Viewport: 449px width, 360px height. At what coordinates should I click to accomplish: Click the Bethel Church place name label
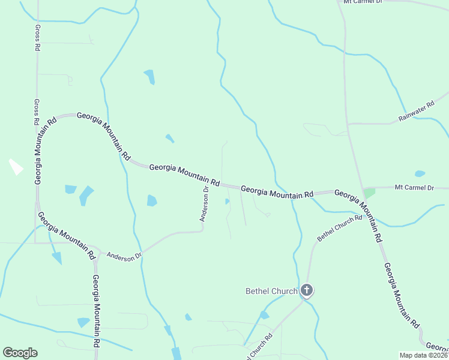click(271, 292)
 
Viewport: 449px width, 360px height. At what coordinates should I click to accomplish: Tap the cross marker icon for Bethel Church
click(307, 292)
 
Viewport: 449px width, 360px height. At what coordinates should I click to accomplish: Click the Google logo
click(20, 353)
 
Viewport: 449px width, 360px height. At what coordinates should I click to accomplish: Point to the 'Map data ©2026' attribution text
click(423, 355)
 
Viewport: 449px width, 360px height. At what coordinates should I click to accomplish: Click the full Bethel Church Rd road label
click(339, 228)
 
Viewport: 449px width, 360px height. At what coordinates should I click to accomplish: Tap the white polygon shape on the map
click(16, 167)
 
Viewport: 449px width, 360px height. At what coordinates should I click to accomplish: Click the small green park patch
click(369, 193)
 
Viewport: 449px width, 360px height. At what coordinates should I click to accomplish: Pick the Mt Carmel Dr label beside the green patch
click(414, 188)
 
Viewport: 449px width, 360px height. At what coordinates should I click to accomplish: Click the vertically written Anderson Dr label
click(204, 204)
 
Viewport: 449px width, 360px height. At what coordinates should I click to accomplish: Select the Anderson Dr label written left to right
click(124, 256)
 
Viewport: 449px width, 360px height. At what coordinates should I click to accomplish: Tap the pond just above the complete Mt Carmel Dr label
click(420, 174)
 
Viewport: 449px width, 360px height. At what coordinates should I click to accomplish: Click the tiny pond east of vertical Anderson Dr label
click(226, 202)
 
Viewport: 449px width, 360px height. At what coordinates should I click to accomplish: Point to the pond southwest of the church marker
click(264, 316)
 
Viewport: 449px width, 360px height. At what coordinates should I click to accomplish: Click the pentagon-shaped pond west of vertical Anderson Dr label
click(152, 200)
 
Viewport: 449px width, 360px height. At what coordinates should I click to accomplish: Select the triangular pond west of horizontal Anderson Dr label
click(57, 258)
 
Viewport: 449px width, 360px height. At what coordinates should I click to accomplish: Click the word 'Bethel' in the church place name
click(259, 292)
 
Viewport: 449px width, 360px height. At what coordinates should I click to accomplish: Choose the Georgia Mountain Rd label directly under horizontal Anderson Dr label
click(95, 311)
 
